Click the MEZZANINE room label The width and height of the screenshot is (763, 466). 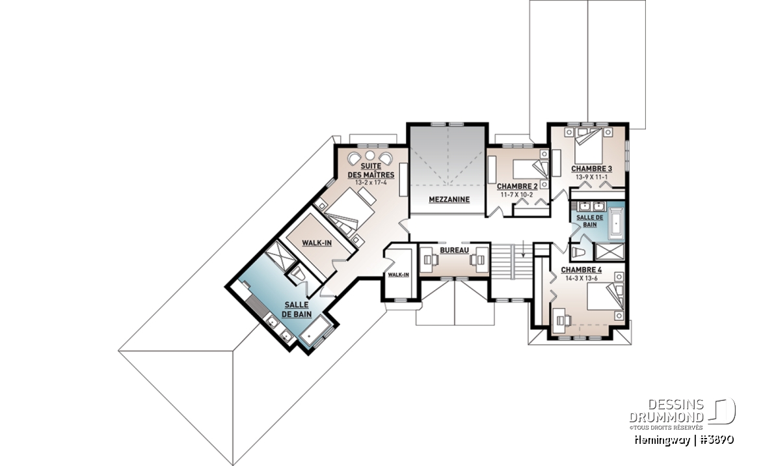449,199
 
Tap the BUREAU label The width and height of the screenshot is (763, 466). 454,251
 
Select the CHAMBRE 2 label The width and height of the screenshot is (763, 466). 516,187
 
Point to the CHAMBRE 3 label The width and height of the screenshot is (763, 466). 591,169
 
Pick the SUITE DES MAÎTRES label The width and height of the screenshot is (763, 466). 371,171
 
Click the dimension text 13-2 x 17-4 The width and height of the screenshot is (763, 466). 371,183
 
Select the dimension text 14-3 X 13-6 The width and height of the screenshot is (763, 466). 582,279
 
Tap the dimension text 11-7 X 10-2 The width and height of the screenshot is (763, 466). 516,195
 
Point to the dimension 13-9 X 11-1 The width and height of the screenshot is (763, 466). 591,177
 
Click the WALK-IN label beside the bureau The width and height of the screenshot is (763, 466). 399,275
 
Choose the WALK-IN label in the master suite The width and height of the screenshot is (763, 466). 317,243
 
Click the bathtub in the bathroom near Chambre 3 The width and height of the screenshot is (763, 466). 616,223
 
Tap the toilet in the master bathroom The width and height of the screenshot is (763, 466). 298,275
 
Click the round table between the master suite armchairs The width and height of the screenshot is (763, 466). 370,156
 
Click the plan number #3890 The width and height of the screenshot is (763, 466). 715,440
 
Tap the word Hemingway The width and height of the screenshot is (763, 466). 662,441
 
